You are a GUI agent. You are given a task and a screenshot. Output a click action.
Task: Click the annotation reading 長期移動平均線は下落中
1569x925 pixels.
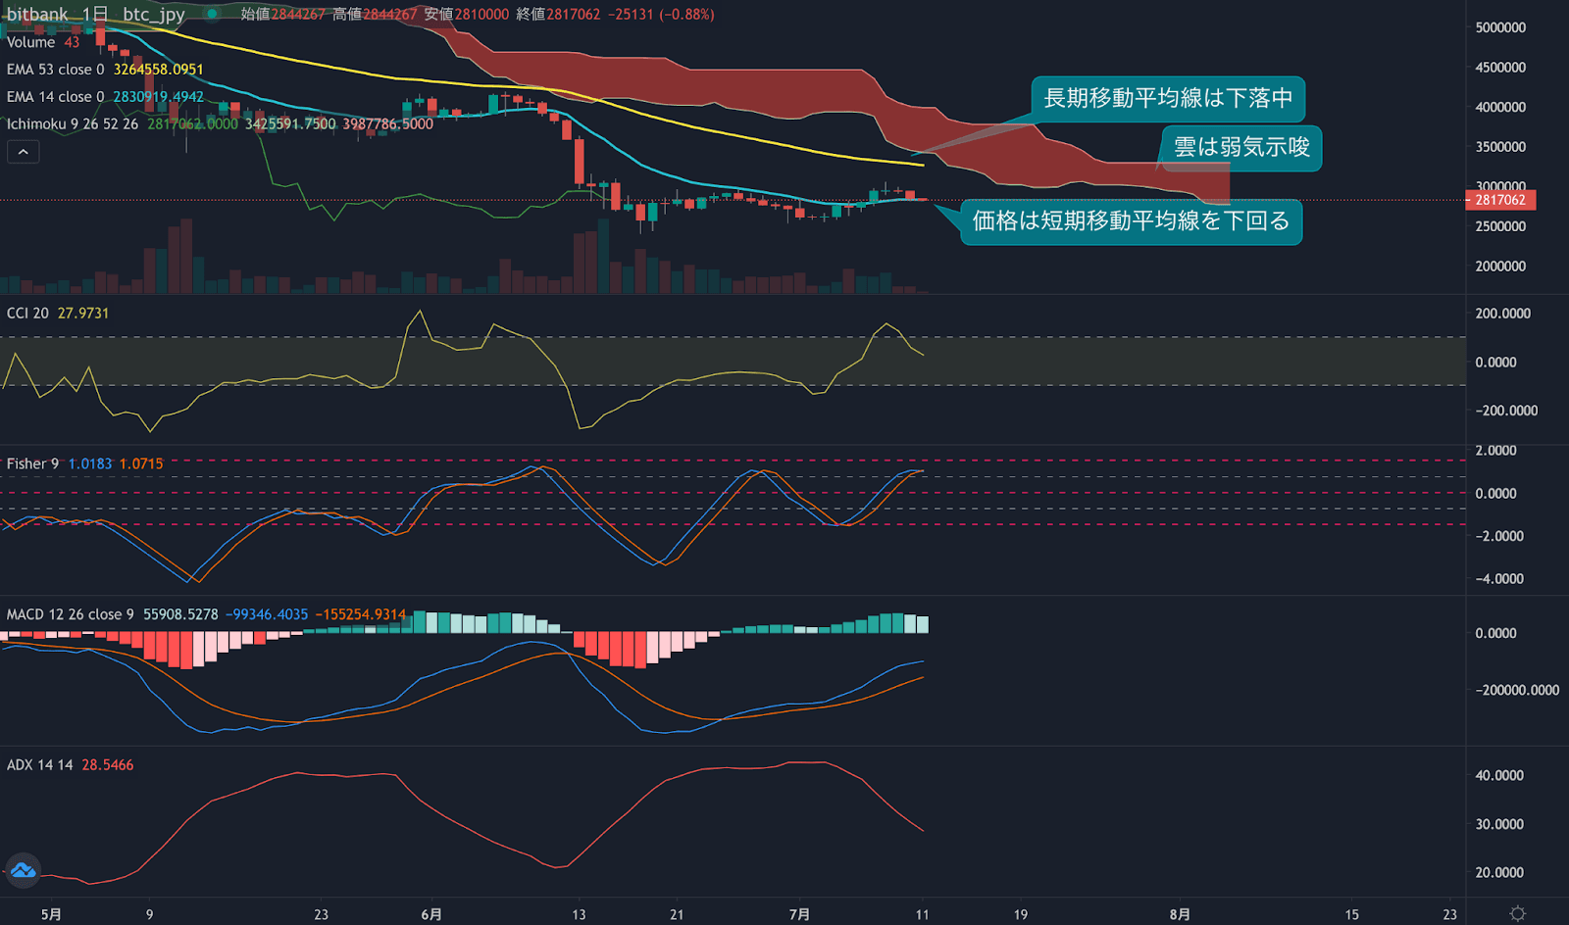[1167, 99]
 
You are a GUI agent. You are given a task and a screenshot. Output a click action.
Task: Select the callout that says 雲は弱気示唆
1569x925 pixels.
[1241, 148]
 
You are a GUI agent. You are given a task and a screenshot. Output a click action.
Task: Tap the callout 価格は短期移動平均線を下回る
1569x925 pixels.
[1131, 221]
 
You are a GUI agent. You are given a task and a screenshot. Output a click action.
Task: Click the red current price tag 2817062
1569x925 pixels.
[1500, 200]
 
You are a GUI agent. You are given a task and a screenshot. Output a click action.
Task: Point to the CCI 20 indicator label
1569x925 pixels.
[27, 314]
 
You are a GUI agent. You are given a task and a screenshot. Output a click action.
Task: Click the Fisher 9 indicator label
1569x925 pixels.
[32, 463]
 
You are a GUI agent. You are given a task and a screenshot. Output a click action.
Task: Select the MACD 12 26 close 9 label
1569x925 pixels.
[70, 614]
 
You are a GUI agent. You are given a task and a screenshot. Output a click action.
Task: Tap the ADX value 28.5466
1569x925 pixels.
[108, 765]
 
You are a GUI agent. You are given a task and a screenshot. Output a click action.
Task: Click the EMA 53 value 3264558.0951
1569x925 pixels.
[158, 70]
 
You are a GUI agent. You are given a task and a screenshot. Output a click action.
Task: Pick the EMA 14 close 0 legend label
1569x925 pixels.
[55, 97]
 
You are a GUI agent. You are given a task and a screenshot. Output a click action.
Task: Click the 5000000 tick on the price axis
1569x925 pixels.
[1500, 27]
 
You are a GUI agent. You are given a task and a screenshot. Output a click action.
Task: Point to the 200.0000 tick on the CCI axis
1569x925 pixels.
[1502, 314]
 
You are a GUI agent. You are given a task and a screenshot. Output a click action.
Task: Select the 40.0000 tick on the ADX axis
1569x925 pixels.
[1499, 775]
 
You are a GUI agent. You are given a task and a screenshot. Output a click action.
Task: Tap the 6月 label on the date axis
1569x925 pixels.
[431, 914]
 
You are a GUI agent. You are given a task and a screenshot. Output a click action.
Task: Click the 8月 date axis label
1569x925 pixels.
[1180, 914]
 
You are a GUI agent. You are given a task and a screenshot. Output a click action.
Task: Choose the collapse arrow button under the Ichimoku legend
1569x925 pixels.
[24, 152]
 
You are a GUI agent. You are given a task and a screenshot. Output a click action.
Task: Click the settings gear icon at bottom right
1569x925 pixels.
[1517, 913]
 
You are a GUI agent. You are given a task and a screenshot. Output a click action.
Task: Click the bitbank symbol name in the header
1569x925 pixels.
[37, 15]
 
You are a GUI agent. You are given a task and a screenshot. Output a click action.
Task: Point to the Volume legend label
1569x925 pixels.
[30, 42]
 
